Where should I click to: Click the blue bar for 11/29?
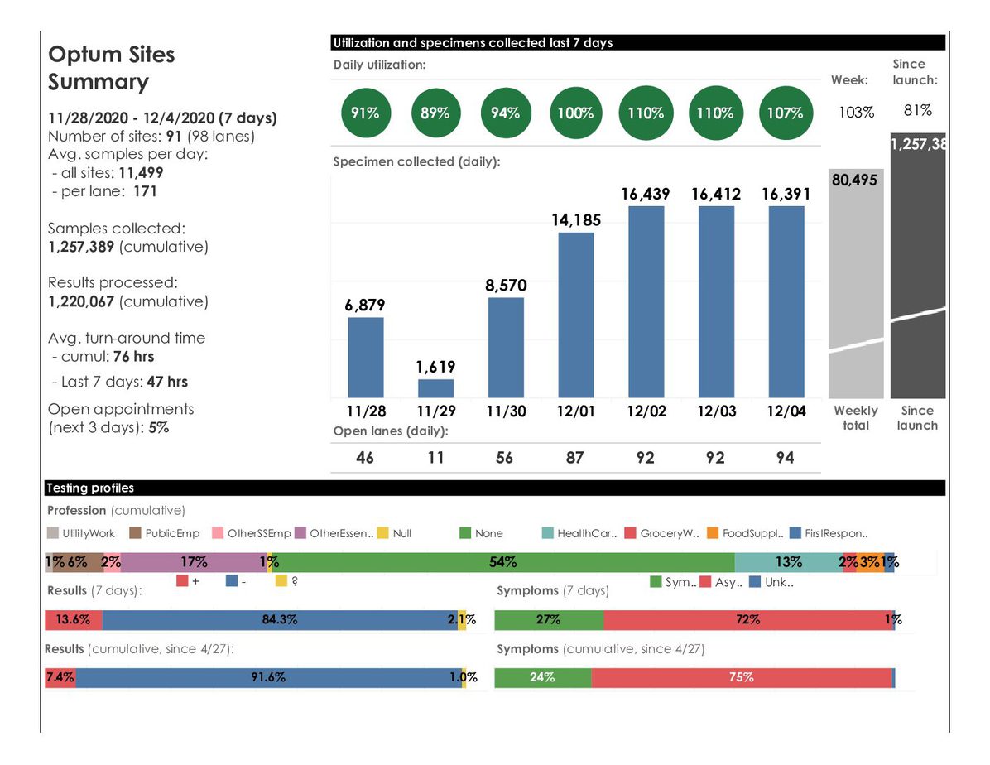point(435,388)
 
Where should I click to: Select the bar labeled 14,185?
point(576,315)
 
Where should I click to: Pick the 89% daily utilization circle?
point(435,113)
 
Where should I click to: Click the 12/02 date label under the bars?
point(646,411)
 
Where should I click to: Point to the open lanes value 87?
point(575,457)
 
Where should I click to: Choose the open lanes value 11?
point(435,457)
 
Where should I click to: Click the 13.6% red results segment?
point(73,620)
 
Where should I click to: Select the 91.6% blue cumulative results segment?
point(269,677)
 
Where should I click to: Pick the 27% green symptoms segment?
point(549,620)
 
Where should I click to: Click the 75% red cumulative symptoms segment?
point(742,677)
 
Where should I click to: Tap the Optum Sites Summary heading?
point(112,68)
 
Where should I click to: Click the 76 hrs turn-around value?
point(133,357)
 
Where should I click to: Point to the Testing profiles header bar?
point(495,488)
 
